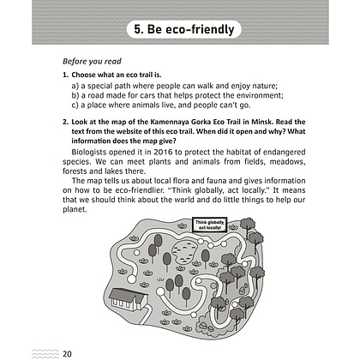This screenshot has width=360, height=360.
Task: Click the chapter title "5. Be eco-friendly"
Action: (x=184, y=29)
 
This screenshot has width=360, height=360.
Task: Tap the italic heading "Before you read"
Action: (x=92, y=62)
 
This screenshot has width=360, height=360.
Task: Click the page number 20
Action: (x=67, y=354)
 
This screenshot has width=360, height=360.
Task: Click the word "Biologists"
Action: (x=89, y=153)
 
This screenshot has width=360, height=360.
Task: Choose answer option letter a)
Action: (x=75, y=86)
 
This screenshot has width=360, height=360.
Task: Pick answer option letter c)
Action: (x=75, y=105)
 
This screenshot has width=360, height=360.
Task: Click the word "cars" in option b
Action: (x=147, y=96)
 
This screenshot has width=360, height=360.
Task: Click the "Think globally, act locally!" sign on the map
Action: (x=210, y=225)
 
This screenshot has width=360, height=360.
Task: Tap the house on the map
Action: (x=129, y=299)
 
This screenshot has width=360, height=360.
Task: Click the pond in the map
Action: (x=185, y=251)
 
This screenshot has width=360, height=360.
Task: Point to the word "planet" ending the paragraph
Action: (x=74, y=210)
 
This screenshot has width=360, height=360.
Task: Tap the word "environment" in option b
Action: (x=259, y=96)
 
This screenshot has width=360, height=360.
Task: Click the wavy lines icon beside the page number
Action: (x=45, y=354)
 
